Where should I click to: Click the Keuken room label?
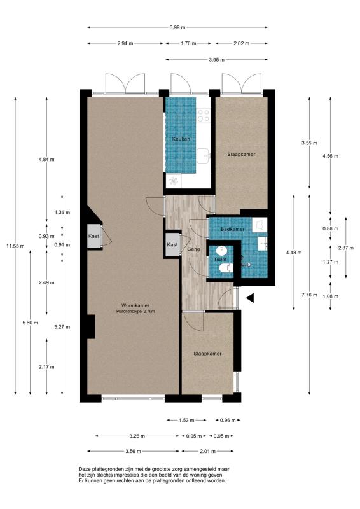click(x=181, y=139)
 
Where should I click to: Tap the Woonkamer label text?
click(x=135, y=305)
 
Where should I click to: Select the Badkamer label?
click(x=232, y=229)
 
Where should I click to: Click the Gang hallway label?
click(x=193, y=249)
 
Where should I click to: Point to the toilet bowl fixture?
click(x=226, y=268)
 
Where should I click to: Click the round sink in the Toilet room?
click(x=222, y=251)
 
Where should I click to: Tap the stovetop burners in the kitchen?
click(x=204, y=115)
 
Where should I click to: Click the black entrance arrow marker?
click(x=249, y=298)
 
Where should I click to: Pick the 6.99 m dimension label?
click(x=177, y=27)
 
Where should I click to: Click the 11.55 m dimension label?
click(x=15, y=246)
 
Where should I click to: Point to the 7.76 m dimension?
click(x=309, y=295)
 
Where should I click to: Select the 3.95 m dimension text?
click(x=216, y=60)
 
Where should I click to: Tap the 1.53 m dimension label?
click(x=186, y=420)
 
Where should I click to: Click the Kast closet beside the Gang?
click(x=172, y=245)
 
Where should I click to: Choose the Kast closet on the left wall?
click(x=94, y=236)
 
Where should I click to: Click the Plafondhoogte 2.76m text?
click(x=135, y=312)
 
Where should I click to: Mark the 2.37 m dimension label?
click(x=346, y=248)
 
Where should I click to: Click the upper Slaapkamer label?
click(x=241, y=154)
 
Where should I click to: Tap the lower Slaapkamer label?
click(x=208, y=354)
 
